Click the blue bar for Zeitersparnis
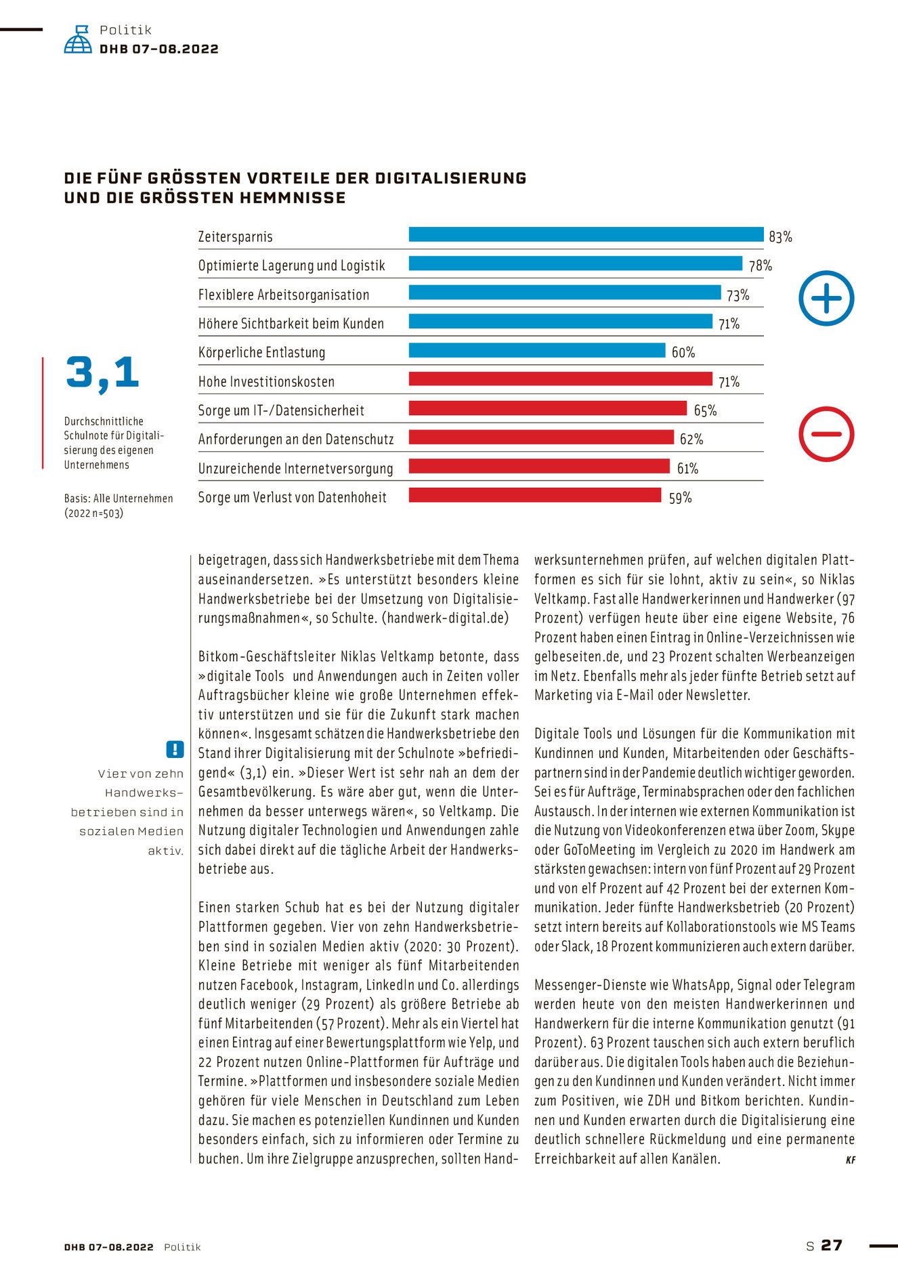(586, 234)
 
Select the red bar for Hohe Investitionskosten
(560, 379)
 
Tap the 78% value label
(760, 266)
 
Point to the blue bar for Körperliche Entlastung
(537, 350)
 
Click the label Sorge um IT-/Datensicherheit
(281, 410)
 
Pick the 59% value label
(680, 498)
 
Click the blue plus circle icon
(826, 298)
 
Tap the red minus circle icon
(826, 434)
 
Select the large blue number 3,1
(102, 373)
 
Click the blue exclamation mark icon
(175, 749)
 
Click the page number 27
(832, 1246)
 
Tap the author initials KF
(850, 1160)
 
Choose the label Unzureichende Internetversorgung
(295, 469)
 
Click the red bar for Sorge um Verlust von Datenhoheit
(534, 495)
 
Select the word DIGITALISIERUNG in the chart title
(450, 178)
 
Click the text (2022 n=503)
(94, 513)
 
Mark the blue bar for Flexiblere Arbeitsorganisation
(565, 293)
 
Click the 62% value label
(691, 440)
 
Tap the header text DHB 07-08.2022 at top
(158, 49)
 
